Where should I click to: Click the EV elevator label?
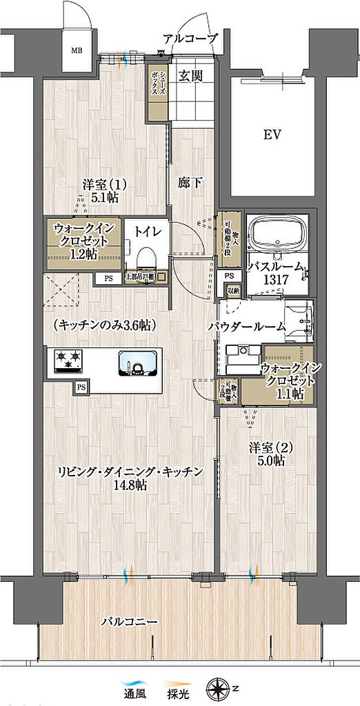(x=272, y=135)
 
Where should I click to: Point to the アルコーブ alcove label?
(x=190, y=39)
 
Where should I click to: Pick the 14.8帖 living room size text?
(x=131, y=486)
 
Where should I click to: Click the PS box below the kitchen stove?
(x=81, y=387)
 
